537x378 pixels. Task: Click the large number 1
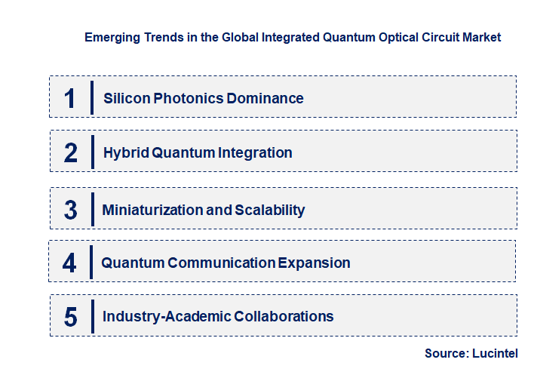70,98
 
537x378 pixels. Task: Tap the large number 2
71,152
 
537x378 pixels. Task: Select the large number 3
70,210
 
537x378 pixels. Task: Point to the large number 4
69,263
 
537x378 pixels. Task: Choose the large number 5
70,317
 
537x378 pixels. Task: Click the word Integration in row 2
255,152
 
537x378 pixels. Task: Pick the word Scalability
270,210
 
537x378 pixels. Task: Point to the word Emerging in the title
112,36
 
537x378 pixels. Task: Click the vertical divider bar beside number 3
91,208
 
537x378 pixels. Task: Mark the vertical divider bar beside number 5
91,315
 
